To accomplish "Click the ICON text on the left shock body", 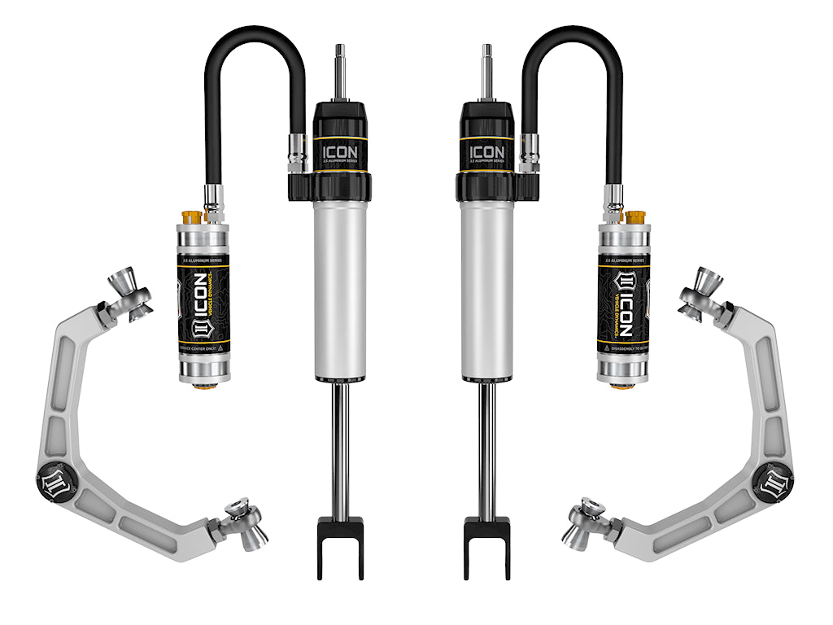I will pos(340,152).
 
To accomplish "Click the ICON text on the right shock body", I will pos(486,152).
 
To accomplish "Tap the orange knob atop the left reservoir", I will pos(193,217).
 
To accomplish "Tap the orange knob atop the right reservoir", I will pos(635,217).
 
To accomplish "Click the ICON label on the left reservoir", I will pos(203,305).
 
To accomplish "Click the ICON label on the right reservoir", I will pos(624,305).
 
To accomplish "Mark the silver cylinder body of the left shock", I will pos(340,285).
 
